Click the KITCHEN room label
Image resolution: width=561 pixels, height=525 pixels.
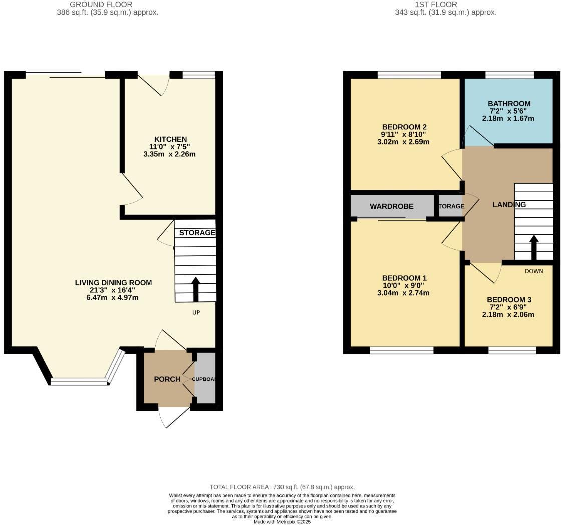point(170,139)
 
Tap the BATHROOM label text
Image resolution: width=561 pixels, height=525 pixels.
point(509,104)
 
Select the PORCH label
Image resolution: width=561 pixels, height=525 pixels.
point(167,379)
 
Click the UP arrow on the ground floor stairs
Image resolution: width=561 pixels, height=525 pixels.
point(195,289)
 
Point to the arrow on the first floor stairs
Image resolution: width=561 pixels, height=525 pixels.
point(533,247)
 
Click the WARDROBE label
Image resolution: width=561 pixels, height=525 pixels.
point(391,206)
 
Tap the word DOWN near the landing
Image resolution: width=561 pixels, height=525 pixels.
point(533,271)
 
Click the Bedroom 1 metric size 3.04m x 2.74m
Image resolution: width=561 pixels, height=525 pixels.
point(403,293)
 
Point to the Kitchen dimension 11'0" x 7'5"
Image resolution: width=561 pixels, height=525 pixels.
point(170,147)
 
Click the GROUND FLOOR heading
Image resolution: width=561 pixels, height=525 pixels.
point(101,4)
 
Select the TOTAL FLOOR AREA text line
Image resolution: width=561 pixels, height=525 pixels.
point(282,487)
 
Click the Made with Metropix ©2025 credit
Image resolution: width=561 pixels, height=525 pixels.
point(282,522)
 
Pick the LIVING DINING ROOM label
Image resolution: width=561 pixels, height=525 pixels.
point(113,283)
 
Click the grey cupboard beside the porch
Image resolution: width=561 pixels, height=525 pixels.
point(205,378)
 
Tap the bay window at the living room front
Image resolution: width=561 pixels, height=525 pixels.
point(79,382)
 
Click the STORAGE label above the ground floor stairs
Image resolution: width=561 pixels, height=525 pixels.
point(197,233)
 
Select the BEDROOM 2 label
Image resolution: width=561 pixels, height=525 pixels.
point(404,127)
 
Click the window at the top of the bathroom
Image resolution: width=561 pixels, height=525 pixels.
point(509,75)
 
